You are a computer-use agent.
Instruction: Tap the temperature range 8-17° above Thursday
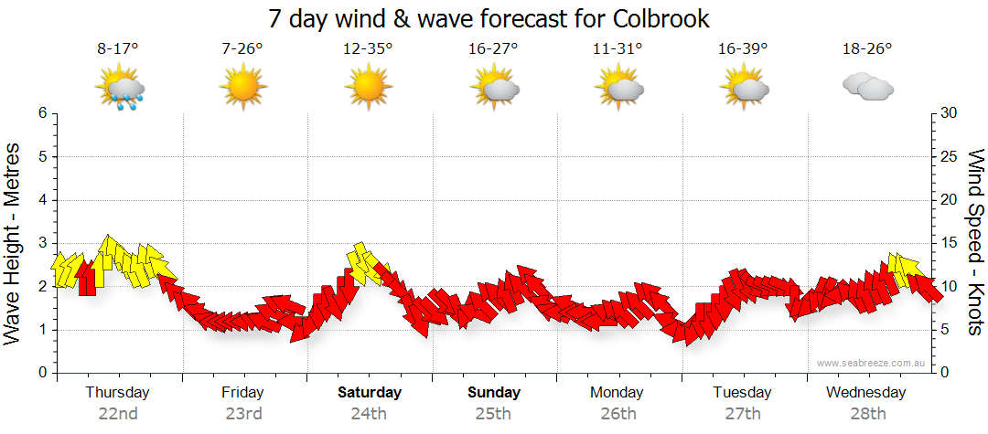tap(118, 49)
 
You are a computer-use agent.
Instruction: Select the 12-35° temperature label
tap(368, 49)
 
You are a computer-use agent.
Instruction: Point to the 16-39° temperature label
tap(742, 49)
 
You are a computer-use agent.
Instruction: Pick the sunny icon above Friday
tap(242, 88)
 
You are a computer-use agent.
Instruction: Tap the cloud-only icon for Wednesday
tap(866, 87)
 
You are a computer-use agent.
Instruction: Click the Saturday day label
tap(370, 393)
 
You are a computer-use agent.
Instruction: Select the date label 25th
tap(493, 413)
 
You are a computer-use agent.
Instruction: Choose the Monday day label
tap(617, 393)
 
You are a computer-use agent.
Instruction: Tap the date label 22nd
tap(118, 413)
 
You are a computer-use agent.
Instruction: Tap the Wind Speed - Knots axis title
tap(975, 243)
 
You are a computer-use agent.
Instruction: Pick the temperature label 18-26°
tap(866, 49)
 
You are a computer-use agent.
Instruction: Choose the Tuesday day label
tap(742, 393)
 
